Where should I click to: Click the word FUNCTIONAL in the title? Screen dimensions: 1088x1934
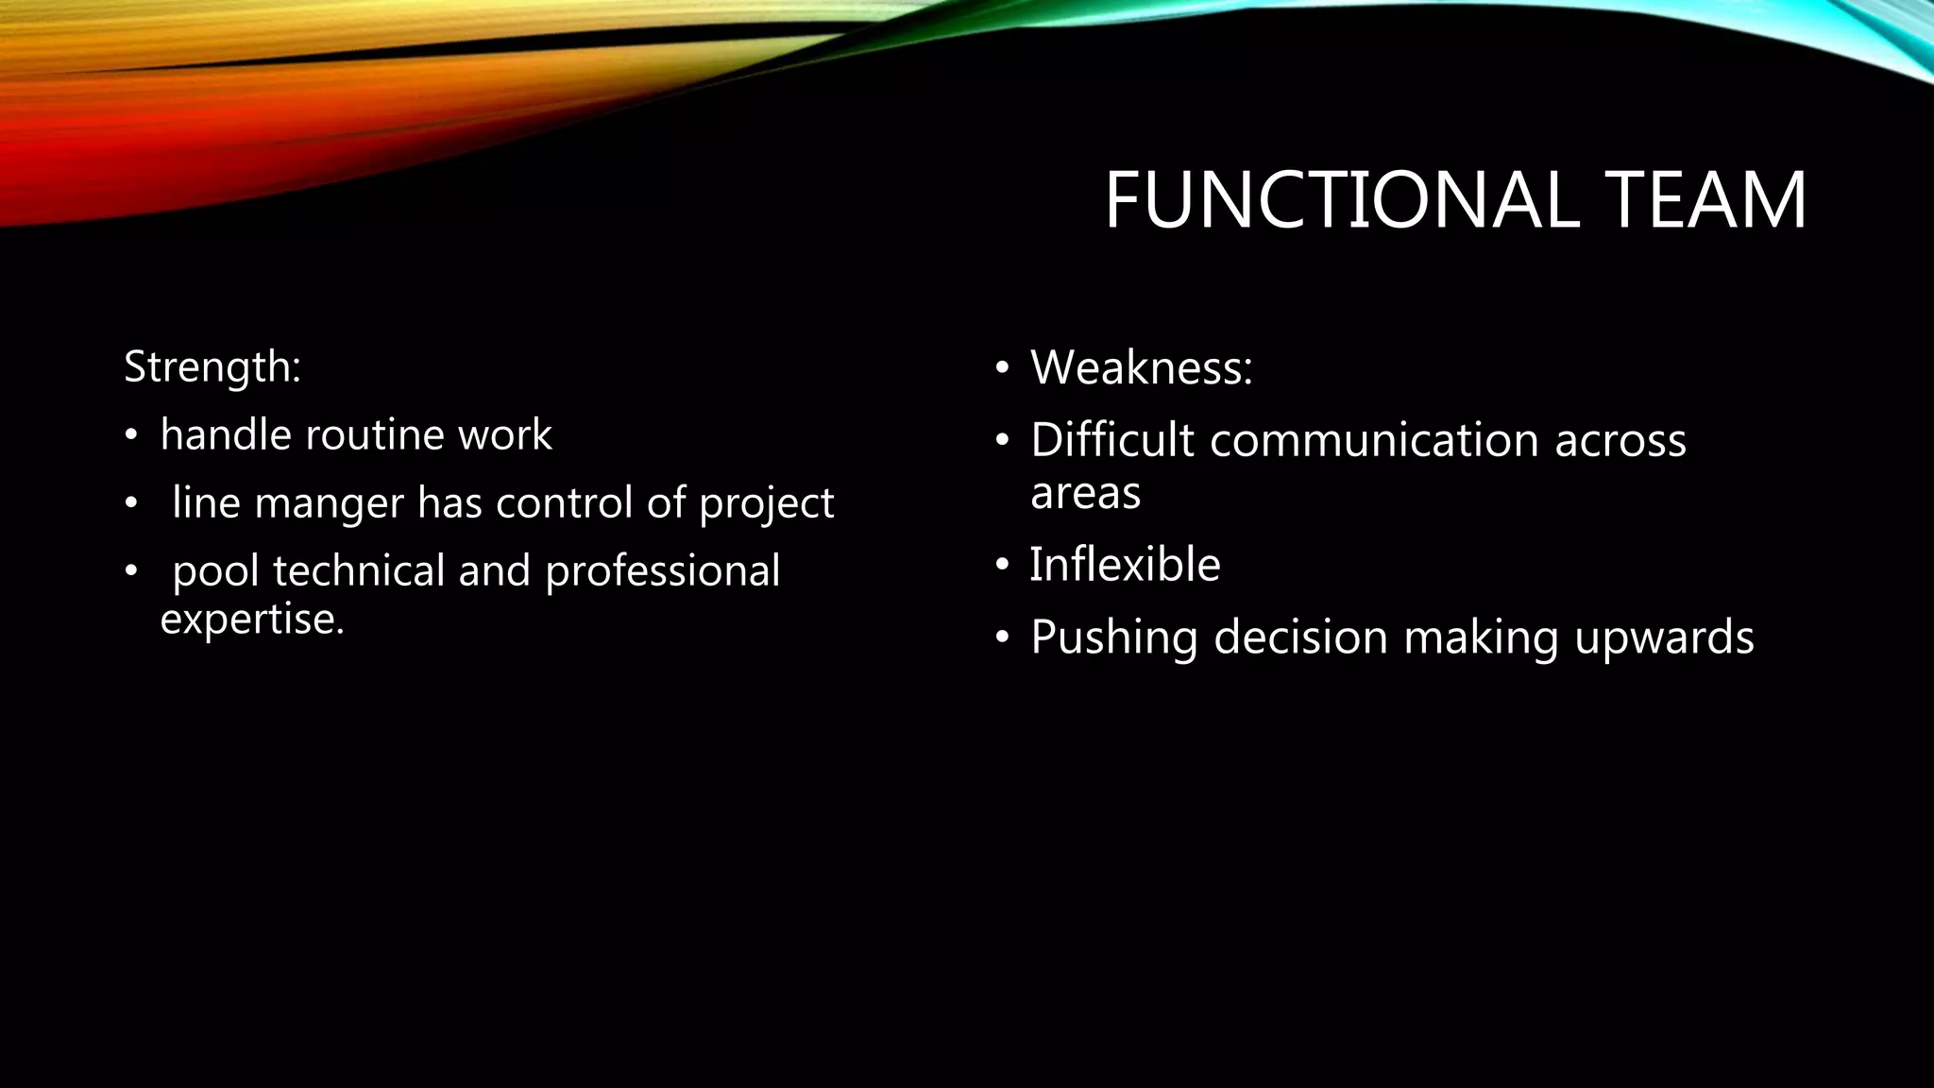tap(1341, 200)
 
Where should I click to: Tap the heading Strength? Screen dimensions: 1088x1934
tap(212, 366)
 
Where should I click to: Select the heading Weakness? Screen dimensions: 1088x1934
tap(1141, 367)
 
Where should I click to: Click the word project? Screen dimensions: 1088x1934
tap(766, 503)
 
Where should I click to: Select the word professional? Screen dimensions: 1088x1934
tap(662, 571)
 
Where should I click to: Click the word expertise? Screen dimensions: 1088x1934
tap(252, 620)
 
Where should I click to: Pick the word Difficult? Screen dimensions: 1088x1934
tap(1111, 440)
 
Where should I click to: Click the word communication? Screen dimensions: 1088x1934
tap(1374, 440)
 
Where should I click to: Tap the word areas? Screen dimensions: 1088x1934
tap(1085, 493)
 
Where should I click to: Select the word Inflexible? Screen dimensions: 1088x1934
tap(1125, 565)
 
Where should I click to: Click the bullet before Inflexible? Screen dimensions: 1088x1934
tap(1002, 566)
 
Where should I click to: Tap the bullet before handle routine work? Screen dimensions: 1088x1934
tap(131, 436)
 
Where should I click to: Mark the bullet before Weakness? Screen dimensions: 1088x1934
tap(1002, 367)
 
